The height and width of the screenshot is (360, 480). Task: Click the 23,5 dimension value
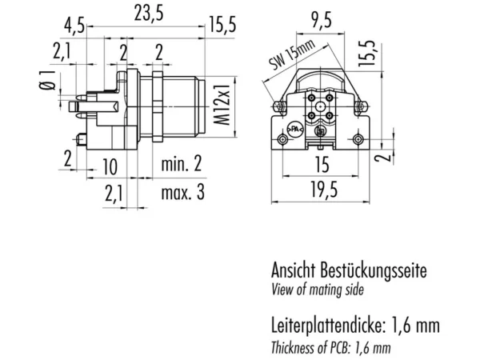pos(149,14)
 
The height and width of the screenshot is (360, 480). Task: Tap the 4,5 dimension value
pos(74,26)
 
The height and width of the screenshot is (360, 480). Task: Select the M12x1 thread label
pos(222,104)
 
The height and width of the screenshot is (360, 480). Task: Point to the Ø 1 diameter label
pos(47,81)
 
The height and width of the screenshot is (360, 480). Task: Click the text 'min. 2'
pos(182,163)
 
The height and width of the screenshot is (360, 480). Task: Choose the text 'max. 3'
pos(182,193)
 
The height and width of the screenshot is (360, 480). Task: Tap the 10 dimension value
pos(110,167)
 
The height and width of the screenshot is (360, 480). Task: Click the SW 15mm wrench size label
pos(292,54)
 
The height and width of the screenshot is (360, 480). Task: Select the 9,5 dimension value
pos(321,22)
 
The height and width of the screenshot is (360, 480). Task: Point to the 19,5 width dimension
pos(324,190)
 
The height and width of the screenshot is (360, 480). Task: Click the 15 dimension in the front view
pos(322,164)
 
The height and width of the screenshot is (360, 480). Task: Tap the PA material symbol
pos(294,130)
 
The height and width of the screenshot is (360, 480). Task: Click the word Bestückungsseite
pos(373,270)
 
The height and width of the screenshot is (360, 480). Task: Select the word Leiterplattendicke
pos(326,325)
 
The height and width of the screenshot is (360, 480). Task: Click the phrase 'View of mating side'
pos(318,290)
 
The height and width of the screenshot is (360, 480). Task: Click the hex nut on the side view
pos(158,106)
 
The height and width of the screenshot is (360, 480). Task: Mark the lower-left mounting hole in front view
pos(282,139)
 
